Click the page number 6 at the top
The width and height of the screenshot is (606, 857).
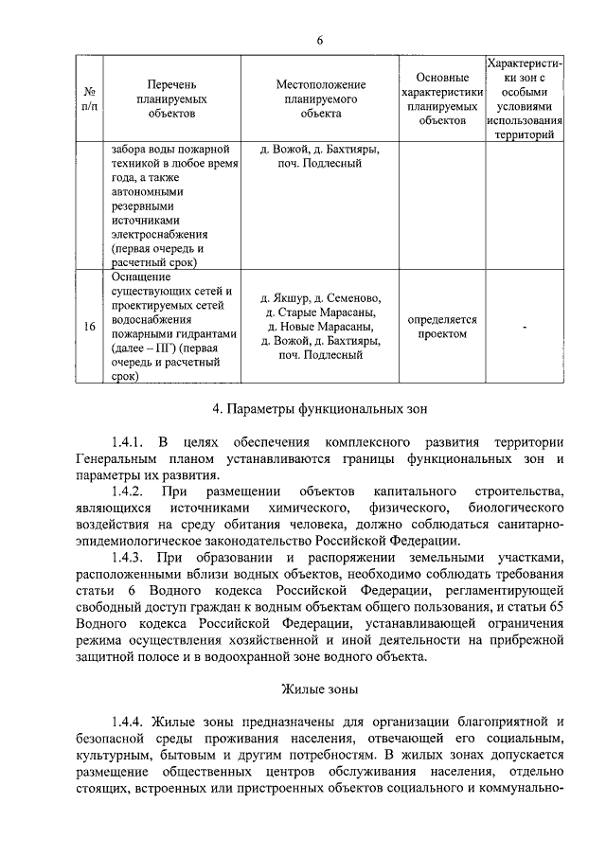point(320,41)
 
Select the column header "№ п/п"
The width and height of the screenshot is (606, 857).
point(89,99)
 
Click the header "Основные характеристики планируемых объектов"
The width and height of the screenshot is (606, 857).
point(442,98)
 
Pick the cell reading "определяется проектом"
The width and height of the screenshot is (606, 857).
point(442,327)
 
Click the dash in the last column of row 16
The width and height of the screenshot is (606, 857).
point(524,327)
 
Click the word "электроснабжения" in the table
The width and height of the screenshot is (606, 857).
point(157,234)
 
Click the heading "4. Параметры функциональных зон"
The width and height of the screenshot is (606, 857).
point(320,410)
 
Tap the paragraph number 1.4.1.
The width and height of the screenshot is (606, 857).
point(126,442)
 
